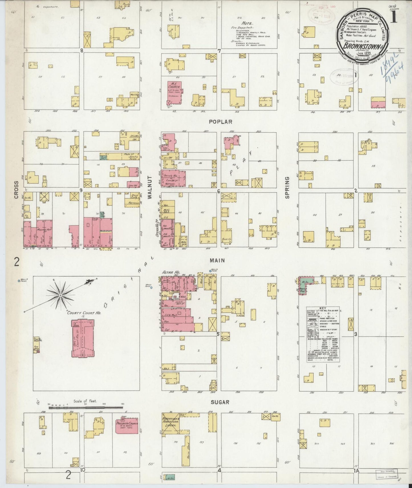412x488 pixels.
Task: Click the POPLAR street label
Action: pos(220,122)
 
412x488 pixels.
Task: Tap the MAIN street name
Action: pos(218,260)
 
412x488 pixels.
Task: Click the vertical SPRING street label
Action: pos(287,188)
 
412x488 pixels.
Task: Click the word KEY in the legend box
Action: pos(323,308)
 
